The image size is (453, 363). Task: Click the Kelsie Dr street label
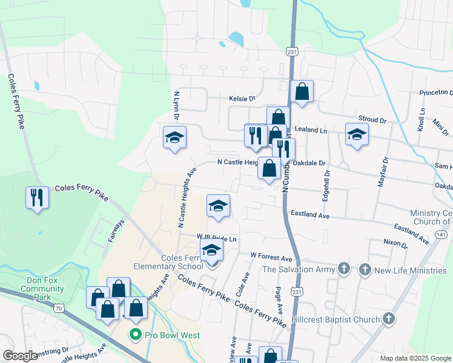242,98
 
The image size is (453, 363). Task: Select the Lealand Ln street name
311,131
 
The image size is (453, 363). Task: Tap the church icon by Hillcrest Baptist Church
388,318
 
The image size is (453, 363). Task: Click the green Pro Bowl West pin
134,334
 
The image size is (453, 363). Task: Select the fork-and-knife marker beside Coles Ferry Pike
37,197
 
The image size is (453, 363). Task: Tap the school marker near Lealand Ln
357,136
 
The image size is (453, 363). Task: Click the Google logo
20,356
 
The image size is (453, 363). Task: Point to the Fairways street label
115,231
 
